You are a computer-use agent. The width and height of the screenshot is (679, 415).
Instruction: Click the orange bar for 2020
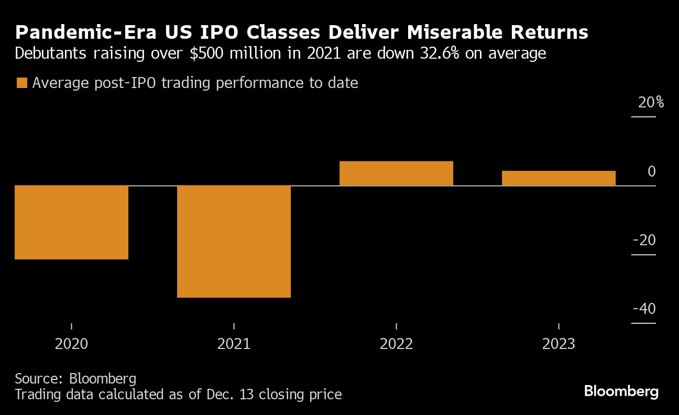click(x=71, y=222)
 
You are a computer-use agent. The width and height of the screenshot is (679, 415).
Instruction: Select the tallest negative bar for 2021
click(x=234, y=242)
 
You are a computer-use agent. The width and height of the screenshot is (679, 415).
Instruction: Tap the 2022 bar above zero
click(x=396, y=173)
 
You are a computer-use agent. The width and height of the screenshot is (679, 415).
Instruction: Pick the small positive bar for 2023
click(x=558, y=178)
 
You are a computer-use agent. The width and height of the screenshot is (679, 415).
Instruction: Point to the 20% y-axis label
click(x=651, y=103)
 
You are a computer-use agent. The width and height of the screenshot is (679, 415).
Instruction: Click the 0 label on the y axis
click(x=651, y=171)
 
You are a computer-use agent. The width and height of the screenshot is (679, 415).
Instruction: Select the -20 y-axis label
click(x=644, y=241)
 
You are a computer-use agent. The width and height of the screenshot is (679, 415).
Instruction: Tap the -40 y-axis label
click(x=644, y=309)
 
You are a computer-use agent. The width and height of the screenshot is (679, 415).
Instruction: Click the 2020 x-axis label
click(x=71, y=344)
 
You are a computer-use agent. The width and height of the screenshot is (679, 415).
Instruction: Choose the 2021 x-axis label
click(x=234, y=344)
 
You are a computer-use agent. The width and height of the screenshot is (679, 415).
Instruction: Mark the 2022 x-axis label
click(x=397, y=344)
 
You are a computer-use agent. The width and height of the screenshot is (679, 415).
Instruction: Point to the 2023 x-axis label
click(x=558, y=344)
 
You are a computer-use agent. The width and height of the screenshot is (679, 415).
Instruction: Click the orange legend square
click(x=21, y=83)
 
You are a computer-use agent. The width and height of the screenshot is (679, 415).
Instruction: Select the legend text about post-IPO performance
click(x=195, y=83)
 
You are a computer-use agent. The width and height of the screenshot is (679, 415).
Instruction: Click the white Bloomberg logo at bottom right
click(x=621, y=391)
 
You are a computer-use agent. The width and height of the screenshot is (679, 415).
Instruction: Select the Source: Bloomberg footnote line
click(x=75, y=379)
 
